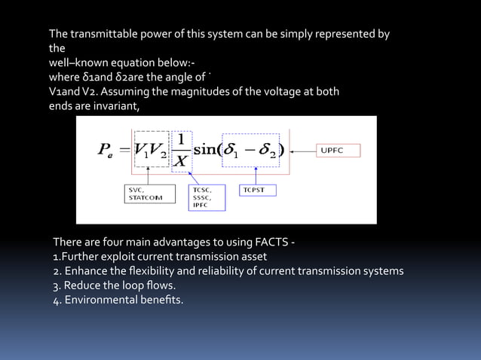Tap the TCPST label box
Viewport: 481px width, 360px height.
coord(258,190)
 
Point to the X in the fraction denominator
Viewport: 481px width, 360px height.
coord(181,160)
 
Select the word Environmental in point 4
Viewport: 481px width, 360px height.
coord(100,301)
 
